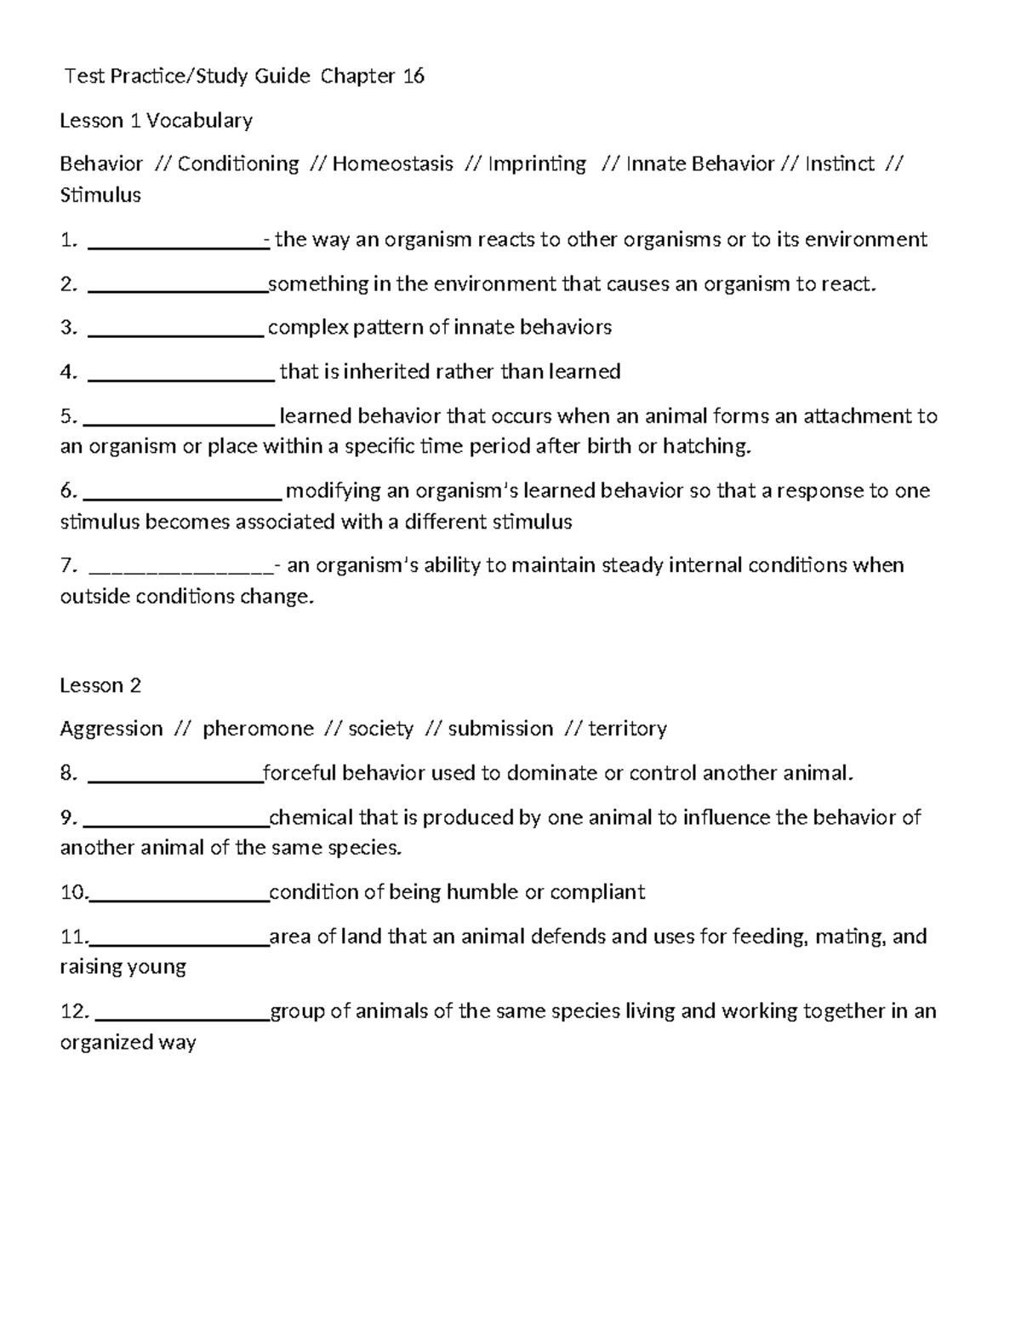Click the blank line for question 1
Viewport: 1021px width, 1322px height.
[x=177, y=243]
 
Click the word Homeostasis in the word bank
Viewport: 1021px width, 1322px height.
[x=392, y=163]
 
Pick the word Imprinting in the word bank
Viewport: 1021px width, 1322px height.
[x=537, y=163]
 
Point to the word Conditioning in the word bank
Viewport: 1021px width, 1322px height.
[x=238, y=163]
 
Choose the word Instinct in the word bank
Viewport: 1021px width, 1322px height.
[x=840, y=163]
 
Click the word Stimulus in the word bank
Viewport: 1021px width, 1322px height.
[x=100, y=195]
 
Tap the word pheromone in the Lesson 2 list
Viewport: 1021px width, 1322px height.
[x=258, y=729]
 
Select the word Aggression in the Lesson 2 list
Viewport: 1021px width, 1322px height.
[x=111, y=729]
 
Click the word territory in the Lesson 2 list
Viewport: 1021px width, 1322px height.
[x=627, y=729]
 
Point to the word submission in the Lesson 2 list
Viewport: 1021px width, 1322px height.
[x=500, y=729]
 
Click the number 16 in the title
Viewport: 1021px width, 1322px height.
[x=414, y=77]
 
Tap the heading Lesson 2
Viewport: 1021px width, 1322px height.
[x=100, y=685]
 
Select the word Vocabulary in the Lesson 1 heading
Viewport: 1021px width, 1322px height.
[x=199, y=121]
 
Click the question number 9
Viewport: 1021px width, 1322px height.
[x=68, y=818]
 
